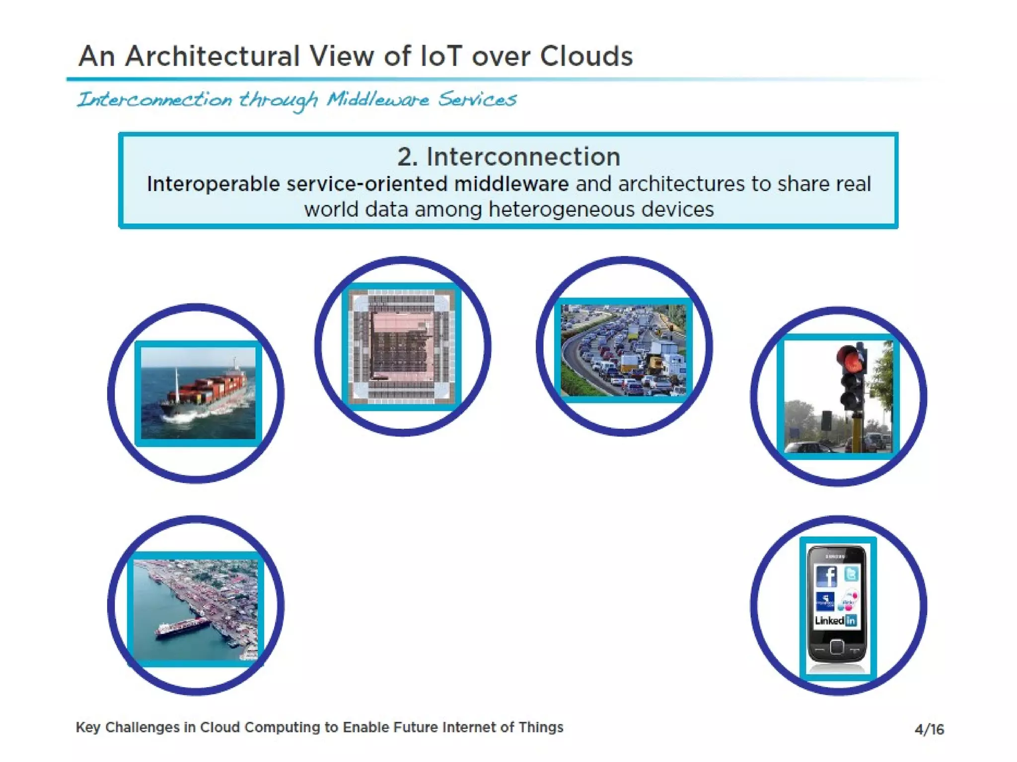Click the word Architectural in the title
[x=212, y=56]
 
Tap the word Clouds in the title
[x=586, y=56]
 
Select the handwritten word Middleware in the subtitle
[x=377, y=100]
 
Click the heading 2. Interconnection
[x=508, y=157]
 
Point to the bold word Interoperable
[x=214, y=184]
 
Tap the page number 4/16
[x=929, y=729]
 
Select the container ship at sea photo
[x=198, y=393]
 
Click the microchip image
[x=402, y=346]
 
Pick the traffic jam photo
[x=623, y=350]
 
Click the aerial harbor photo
[x=196, y=609]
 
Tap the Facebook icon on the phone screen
[x=826, y=576]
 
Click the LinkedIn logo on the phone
[x=836, y=621]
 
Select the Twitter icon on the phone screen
[x=851, y=574]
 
